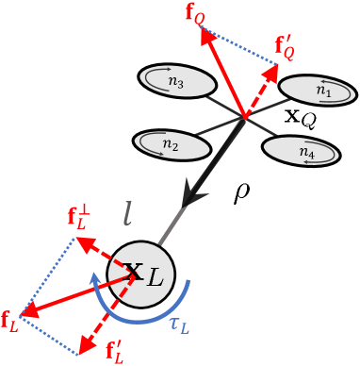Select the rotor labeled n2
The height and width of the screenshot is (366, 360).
pos(171,144)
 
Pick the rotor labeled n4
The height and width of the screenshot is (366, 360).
pos(301,150)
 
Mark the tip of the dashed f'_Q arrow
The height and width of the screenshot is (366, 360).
pos(277,67)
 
